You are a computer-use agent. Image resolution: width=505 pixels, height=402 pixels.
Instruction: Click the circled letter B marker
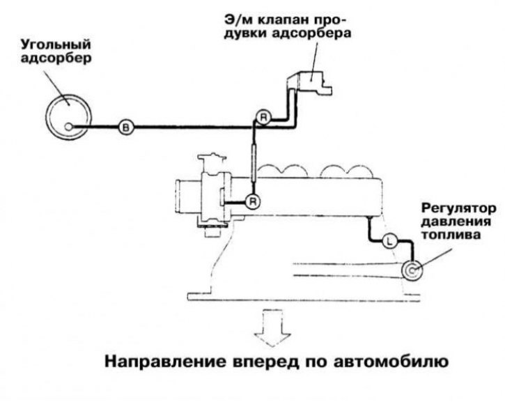coord(126,127)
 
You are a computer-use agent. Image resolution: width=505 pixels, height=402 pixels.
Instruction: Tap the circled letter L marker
coord(389,241)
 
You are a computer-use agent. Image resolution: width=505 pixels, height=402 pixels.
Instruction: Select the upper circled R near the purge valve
coord(263,118)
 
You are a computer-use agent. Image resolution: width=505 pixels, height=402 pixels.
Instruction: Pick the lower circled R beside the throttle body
coord(253,202)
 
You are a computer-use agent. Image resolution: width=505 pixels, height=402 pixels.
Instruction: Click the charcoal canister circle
coord(68,116)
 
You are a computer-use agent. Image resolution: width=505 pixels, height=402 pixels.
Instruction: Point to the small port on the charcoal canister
coord(68,127)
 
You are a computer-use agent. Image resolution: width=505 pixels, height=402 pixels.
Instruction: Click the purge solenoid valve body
coord(310,82)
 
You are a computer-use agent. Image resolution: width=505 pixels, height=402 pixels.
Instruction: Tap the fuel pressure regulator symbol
coord(412,270)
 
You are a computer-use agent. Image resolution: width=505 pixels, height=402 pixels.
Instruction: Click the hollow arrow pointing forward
coord(272,327)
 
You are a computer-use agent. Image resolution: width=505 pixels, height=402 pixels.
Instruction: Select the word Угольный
coord(56,45)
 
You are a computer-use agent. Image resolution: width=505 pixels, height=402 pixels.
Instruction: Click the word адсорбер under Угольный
coord(56,59)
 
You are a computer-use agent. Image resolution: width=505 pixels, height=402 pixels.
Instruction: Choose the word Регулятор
coord(458,208)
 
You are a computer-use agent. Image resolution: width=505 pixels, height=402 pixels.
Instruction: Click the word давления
coord(456,222)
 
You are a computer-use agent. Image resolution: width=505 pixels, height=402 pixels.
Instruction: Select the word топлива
coord(451,235)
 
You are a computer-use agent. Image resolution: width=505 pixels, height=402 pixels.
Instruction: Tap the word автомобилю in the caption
coord(391,362)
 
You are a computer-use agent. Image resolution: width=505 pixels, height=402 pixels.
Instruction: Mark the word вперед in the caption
coord(265,362)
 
